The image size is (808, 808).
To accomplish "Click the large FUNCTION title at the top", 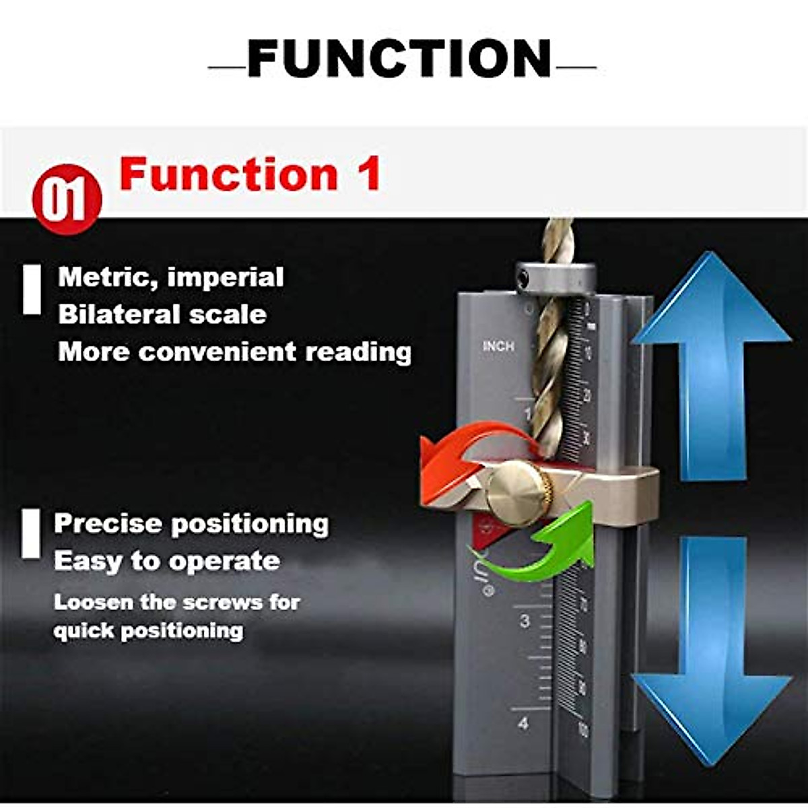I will (x=400, y=59).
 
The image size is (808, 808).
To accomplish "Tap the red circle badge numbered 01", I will (x=67, y=200).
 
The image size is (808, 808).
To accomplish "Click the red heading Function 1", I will (x=250, y=174).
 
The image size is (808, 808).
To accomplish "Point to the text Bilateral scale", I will (x=162, y=314).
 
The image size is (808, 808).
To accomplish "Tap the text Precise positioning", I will (x=191, y=524).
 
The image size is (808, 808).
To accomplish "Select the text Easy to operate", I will (x=167, y=561).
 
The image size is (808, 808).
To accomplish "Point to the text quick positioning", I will (x=148, y=631).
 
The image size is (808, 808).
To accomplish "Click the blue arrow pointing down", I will (x=712, y=646).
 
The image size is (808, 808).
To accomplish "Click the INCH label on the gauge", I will (x=498, y=346).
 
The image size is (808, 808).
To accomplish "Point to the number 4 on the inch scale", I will (x=524, y=724).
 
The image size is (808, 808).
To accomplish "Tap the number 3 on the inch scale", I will (x=525, y=621).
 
